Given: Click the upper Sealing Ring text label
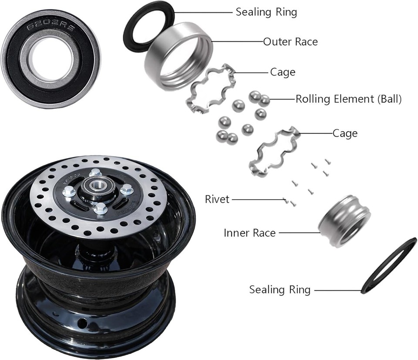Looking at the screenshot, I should click(266, 12).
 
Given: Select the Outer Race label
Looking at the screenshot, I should click(290, 42).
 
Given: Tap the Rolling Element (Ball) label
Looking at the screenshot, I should click(348, 99).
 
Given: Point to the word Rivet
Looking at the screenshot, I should click(217, 200).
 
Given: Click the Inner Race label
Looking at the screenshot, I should click(249, 233).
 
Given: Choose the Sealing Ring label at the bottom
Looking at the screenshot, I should click(280, 290).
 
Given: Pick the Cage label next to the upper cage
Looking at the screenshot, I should click(283, 72).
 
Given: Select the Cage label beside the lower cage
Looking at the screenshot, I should click(345, 133).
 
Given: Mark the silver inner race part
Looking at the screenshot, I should click(344, 220).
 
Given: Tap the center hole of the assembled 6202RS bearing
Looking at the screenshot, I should click(51, 58).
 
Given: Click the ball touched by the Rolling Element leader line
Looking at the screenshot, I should click(264, 100).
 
